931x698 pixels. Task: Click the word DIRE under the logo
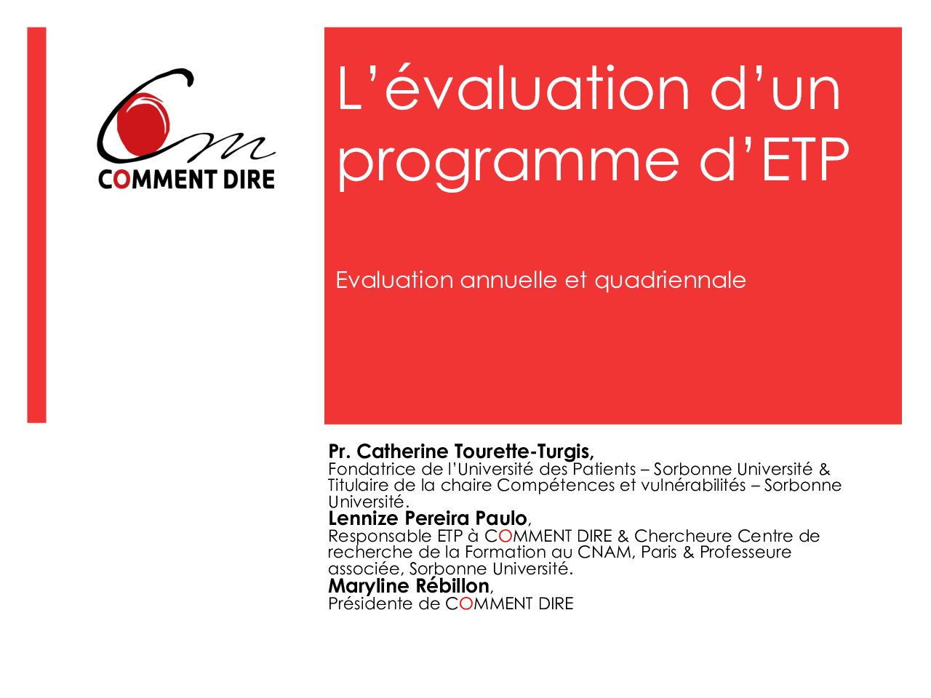tap(249, 180)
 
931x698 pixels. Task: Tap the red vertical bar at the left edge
tap(36, 225)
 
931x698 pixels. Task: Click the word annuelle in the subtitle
tap(508, 280)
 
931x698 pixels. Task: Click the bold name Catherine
tap(402, 452)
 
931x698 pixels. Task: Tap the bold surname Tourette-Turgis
tap(524, 452)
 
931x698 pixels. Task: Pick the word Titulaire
tap(359, 485)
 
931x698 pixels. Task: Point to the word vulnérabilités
tap(693, 485)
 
